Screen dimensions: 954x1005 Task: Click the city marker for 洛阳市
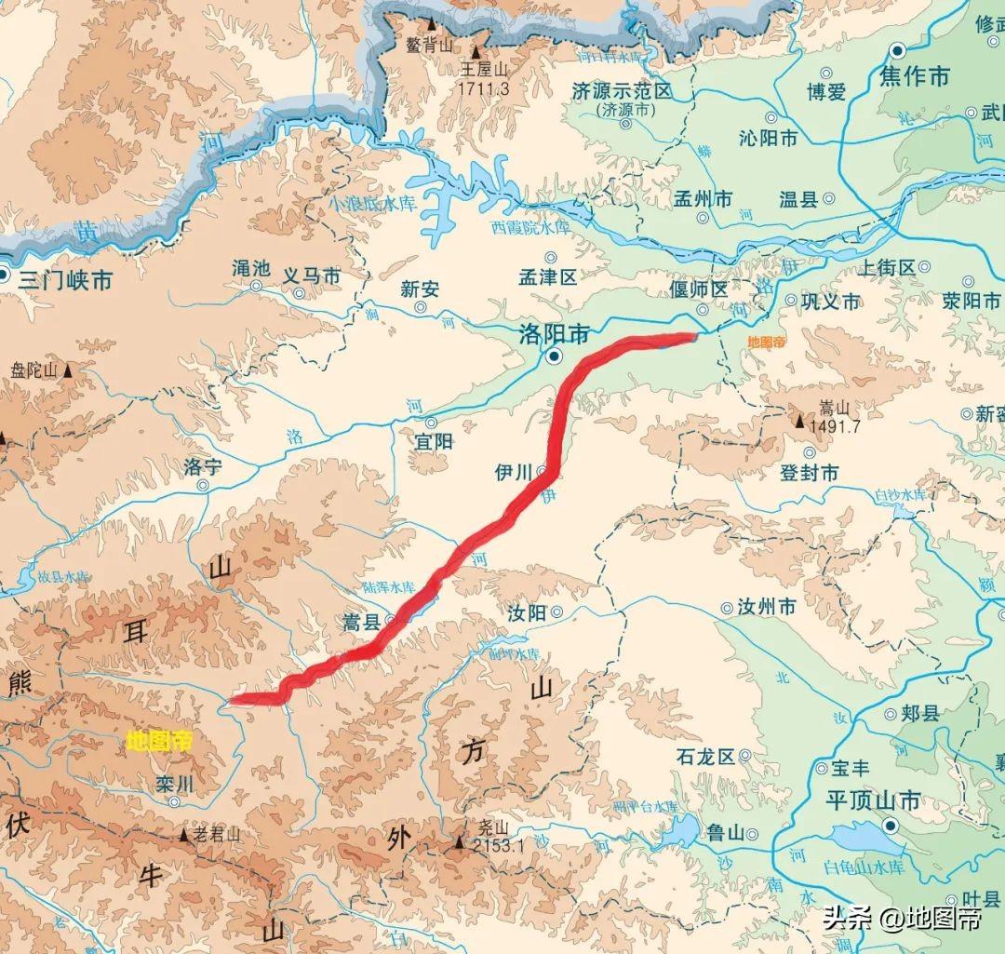point(555,356)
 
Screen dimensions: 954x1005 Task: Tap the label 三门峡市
point(65,278)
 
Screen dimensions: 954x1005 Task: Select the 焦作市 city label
point(913,75)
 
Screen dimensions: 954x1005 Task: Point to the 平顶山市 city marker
point(891,825)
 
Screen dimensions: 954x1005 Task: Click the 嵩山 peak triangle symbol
point(798,422)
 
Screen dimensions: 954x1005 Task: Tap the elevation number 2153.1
point(499,846)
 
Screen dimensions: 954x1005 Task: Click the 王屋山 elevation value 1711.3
point(484,89)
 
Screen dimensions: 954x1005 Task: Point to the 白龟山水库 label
point(864,867)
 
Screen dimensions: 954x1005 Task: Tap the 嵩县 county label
point(362,623)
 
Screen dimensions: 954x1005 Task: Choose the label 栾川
point(175,784)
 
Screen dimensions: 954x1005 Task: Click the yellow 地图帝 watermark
point(159,741)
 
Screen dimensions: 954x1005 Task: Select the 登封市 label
point(809,473)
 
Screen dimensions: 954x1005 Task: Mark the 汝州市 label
point(767,608)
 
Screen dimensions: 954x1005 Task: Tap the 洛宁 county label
point(203,465)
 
